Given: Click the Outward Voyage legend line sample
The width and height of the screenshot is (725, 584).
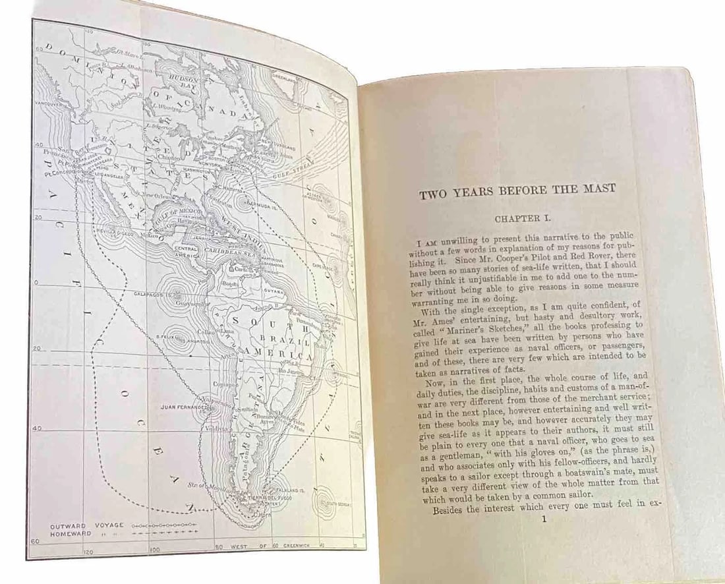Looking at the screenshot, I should click(165, 525).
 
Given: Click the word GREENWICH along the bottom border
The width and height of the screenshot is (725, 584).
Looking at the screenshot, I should click(299, 546).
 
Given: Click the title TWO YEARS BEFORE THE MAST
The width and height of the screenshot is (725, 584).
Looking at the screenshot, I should click(517, 189).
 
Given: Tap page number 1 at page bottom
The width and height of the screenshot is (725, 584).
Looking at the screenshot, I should click(543, 519).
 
